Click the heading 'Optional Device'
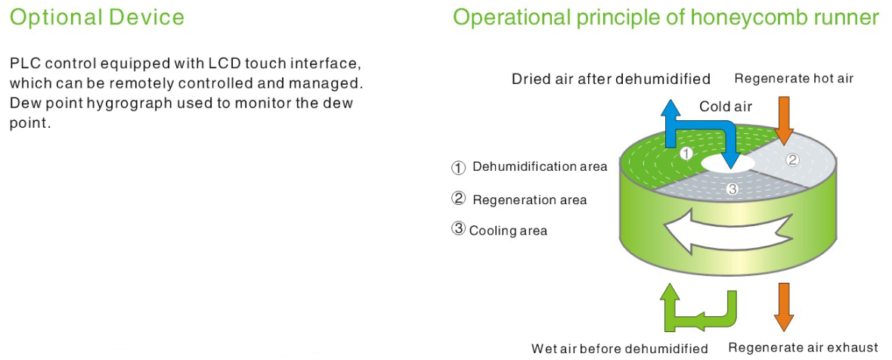[x=98, y=17]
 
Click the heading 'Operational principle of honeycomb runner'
[x=665, y=18]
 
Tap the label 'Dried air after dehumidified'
[x=611, y=79]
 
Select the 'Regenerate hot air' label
[x=794, y=79]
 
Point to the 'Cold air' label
[x=726, y=107]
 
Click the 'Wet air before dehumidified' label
[x=620, y=348]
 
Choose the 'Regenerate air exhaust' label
[x=804, y=347]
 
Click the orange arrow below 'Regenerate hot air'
[x=784, y=121]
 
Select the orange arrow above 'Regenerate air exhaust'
[x=784, y=307]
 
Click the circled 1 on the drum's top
[x=687, y=153]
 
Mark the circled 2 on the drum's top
[x=792, y=160]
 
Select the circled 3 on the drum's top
[x=732, y=190]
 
